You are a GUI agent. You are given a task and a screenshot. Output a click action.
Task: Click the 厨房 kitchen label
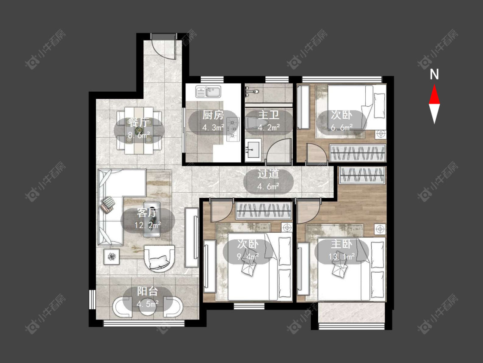213,115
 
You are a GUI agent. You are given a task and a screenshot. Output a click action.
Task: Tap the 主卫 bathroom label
269,115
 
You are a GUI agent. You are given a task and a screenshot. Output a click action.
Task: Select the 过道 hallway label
268,174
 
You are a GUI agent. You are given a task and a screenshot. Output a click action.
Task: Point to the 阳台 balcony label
148,291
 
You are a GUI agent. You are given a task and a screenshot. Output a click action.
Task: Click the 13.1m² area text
341,256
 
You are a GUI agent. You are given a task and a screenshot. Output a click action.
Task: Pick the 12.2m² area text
148,225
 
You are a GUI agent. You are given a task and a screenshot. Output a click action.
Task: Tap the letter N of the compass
434,74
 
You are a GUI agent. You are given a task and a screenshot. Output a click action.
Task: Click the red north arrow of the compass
434,94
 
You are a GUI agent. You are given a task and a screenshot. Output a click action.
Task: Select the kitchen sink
208,92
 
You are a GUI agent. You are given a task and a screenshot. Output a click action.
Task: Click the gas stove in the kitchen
233,129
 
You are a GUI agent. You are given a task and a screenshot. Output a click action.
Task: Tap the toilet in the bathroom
253,123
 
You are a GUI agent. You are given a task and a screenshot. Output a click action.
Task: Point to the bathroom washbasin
253,150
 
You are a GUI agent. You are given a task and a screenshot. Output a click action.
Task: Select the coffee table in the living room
152,219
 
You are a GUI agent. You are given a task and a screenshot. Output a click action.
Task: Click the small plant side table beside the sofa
111,256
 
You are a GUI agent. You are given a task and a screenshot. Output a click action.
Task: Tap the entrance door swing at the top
165,46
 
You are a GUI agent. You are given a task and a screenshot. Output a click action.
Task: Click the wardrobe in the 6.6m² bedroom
358,153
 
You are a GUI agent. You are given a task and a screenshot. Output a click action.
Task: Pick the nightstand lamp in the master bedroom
380,229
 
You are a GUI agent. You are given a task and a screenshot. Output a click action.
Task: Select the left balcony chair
122,307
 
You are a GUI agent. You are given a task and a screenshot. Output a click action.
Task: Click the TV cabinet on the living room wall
191,237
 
